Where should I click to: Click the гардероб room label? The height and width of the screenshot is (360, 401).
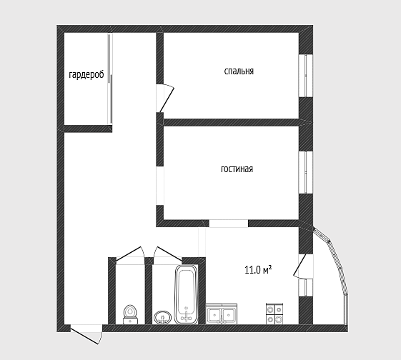click(86, 74)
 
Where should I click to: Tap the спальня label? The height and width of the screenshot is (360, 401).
click(239, 71)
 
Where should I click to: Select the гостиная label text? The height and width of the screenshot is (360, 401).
click(237, 169)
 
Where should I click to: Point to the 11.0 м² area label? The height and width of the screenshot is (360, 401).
click(258, 270)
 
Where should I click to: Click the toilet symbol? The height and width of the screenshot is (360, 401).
click(130, 314)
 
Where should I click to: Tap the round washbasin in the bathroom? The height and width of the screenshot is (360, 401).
click(163, 317)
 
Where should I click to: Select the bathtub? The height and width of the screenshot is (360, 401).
click(187, 294)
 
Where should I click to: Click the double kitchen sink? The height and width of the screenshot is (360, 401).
click(222, 314)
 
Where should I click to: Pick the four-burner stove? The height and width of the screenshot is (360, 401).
click(274, 314)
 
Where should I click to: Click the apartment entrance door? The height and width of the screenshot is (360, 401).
click(86, 334)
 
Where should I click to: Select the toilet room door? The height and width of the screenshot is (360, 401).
click(130, 254)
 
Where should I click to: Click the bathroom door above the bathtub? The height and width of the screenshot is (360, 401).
click(168, 254)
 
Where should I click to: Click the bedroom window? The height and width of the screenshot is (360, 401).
click(306, 76)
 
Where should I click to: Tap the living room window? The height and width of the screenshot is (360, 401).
click(306, 172)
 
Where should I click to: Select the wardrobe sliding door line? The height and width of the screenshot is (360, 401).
click(109, 79)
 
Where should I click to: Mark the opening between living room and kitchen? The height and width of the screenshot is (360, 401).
click(229, 224)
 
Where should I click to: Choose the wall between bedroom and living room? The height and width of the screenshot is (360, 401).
click(231, 122)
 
